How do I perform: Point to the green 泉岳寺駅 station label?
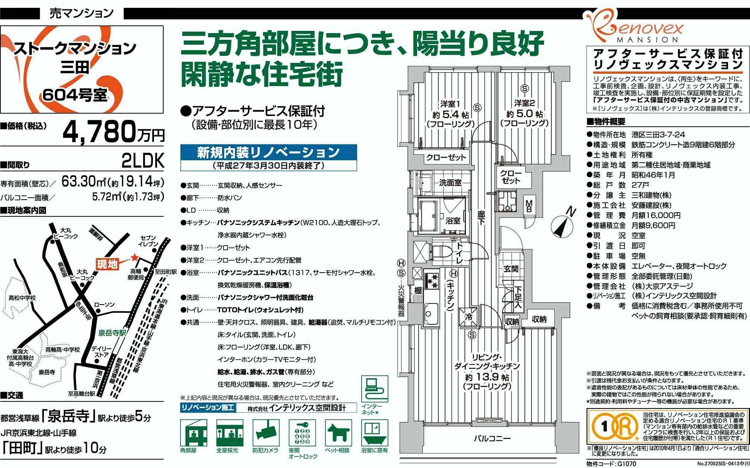click(113, 332)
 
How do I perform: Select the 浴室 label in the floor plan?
click(453, 221)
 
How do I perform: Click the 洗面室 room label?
click(450, 182)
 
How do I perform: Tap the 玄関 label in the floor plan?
click(511, 268)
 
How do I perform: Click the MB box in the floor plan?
click(529, 206)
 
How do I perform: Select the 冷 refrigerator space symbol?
click(469, 317)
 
